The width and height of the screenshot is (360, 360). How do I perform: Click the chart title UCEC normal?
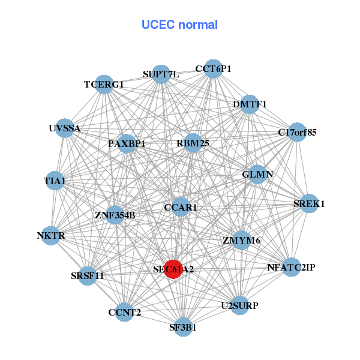point(179,25)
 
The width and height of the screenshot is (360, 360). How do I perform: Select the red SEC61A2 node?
point(173,269)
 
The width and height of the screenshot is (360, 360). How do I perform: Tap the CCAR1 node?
point(181,208)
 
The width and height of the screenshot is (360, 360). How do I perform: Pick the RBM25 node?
point(193,143)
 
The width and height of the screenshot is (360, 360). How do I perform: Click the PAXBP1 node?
point(127,144)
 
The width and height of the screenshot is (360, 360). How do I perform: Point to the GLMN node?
point(257,175)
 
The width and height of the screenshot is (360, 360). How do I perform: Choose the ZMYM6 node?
point(241,241)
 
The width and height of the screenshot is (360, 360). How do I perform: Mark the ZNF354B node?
point(115,215)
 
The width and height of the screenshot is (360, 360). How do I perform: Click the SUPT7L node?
point(161,74)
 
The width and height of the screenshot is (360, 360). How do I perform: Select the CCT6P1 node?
point(213,69)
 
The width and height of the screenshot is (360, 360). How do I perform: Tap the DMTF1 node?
point(250,104)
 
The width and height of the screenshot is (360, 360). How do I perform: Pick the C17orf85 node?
point(296,131)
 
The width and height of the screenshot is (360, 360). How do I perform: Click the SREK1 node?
point(309,204)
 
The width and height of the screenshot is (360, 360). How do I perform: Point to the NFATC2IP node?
point(291,267)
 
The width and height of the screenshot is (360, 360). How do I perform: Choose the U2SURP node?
point(239,306)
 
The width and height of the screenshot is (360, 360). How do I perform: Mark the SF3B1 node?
point(183,328)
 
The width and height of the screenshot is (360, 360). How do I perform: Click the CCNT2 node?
point(125,312)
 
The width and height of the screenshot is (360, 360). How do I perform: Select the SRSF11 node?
point(88,276)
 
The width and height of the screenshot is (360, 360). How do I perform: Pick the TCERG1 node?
point(104,85)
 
